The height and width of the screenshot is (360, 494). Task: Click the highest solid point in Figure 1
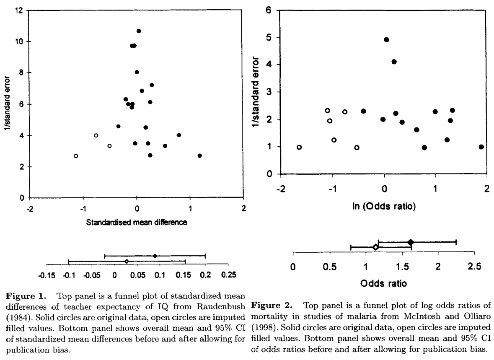point(139,31)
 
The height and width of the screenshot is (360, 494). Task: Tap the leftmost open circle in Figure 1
point(76,156)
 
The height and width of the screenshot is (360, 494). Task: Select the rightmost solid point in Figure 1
point(199,155)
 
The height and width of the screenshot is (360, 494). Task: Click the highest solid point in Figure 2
point(386,40)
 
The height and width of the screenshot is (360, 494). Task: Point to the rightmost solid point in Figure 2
point(481,147)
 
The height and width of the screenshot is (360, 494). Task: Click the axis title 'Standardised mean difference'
point(137,223)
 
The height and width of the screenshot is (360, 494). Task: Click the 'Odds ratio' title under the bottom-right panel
point(383,283)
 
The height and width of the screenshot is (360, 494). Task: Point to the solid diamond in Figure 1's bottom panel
point(155,256)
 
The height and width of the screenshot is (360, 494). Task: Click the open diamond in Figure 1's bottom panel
point(127,262)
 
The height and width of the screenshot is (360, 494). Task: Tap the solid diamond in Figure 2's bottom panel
point(411,242)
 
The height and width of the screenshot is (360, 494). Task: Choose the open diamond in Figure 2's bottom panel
point(375,247)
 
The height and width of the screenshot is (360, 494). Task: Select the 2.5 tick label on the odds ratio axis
point(475,267)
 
